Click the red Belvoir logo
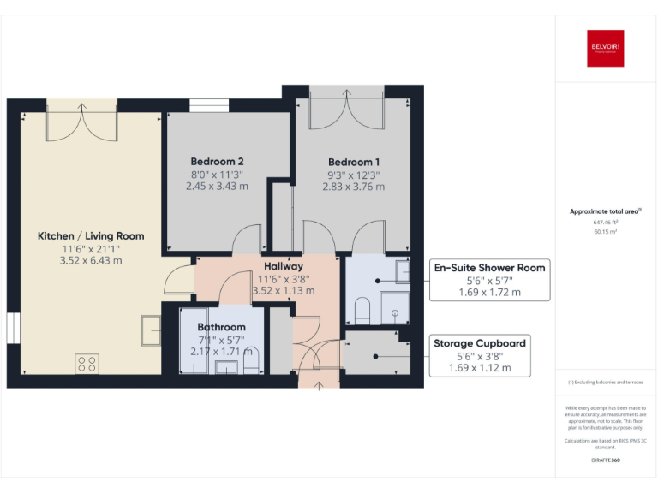coord(604,50)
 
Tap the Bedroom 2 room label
coord(218,162)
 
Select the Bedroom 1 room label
coord(354,162)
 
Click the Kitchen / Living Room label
coord(91,236)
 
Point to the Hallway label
coord(284,266)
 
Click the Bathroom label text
coord(221,327)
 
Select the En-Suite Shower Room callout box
coord(489,280)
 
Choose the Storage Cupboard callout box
coord(481,355)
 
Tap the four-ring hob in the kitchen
coord(87,365)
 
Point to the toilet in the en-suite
coord(362,310)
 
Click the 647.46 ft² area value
coord(606,221)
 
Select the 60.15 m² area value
coord(606,231)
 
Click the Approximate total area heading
coord(605,211)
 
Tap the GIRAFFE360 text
coord(605,460)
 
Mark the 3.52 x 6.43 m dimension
coord(91,261)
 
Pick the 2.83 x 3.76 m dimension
coord(354,186)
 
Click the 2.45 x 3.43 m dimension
coord(218,186)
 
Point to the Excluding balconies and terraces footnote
coord(605,383)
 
